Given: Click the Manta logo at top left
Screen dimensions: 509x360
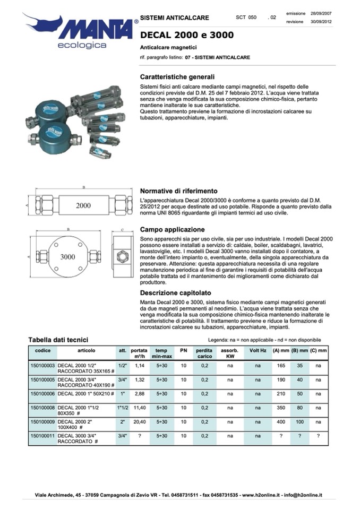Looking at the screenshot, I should click(80, 29).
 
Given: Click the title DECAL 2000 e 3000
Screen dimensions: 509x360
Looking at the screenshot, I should click(186, 36).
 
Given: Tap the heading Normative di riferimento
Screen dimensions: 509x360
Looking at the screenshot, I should click(178, 191).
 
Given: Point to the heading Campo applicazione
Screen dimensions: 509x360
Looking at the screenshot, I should click(172, 229).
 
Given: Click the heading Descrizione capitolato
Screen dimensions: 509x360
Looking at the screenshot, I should click(175, 292).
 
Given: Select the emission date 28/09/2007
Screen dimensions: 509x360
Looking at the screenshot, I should click(321, 12).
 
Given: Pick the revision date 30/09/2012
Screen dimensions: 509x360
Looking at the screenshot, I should click(321, 22).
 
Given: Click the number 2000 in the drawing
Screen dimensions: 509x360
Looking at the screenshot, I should click(83, 205).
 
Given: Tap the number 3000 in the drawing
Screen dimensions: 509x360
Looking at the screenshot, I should click(68, 257).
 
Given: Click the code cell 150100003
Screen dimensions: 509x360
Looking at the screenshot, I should click(42, 365).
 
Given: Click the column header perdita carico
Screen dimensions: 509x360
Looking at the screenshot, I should click(204, 353).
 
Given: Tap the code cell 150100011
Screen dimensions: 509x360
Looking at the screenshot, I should click(42, 436).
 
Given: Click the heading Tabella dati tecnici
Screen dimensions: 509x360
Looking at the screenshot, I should click(58, 340).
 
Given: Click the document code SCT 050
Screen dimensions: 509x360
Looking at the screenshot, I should click(246, 18).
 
